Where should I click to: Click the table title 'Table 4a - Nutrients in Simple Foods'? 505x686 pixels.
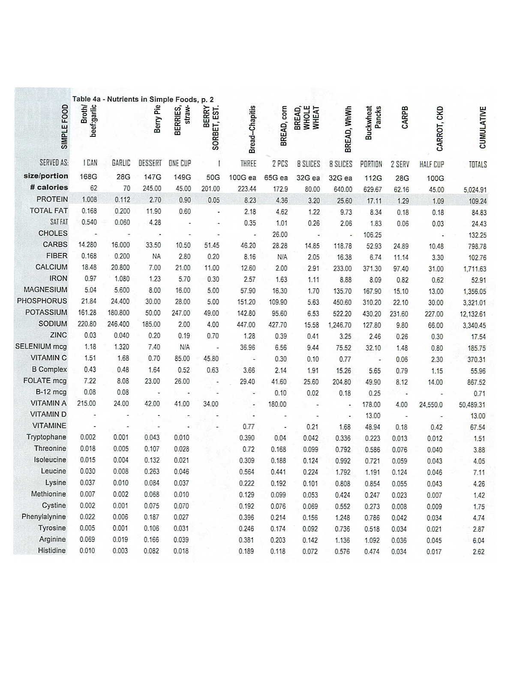pos(143,99)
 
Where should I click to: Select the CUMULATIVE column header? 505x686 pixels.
pos(483,127)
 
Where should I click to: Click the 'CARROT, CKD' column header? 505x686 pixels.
pos(439,129)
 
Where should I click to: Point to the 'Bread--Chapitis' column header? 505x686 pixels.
pos(252,129)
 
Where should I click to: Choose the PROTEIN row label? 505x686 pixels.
pos(52,199)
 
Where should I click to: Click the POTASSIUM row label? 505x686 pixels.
pos(46,312)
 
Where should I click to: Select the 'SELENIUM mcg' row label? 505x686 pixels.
pos(41,346)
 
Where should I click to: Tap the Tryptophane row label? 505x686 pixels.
pos(46,437)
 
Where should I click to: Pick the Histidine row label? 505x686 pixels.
pos(52,550)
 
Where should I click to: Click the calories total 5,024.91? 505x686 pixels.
pos(475,190)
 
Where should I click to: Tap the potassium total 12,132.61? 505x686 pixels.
pos(473,314)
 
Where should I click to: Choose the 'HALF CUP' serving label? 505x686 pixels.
pos(432,164)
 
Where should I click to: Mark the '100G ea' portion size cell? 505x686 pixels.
pos(243,178)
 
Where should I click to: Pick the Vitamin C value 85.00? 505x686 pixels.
pos(182,358)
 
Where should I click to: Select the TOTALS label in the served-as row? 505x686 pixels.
pos(478,164)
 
